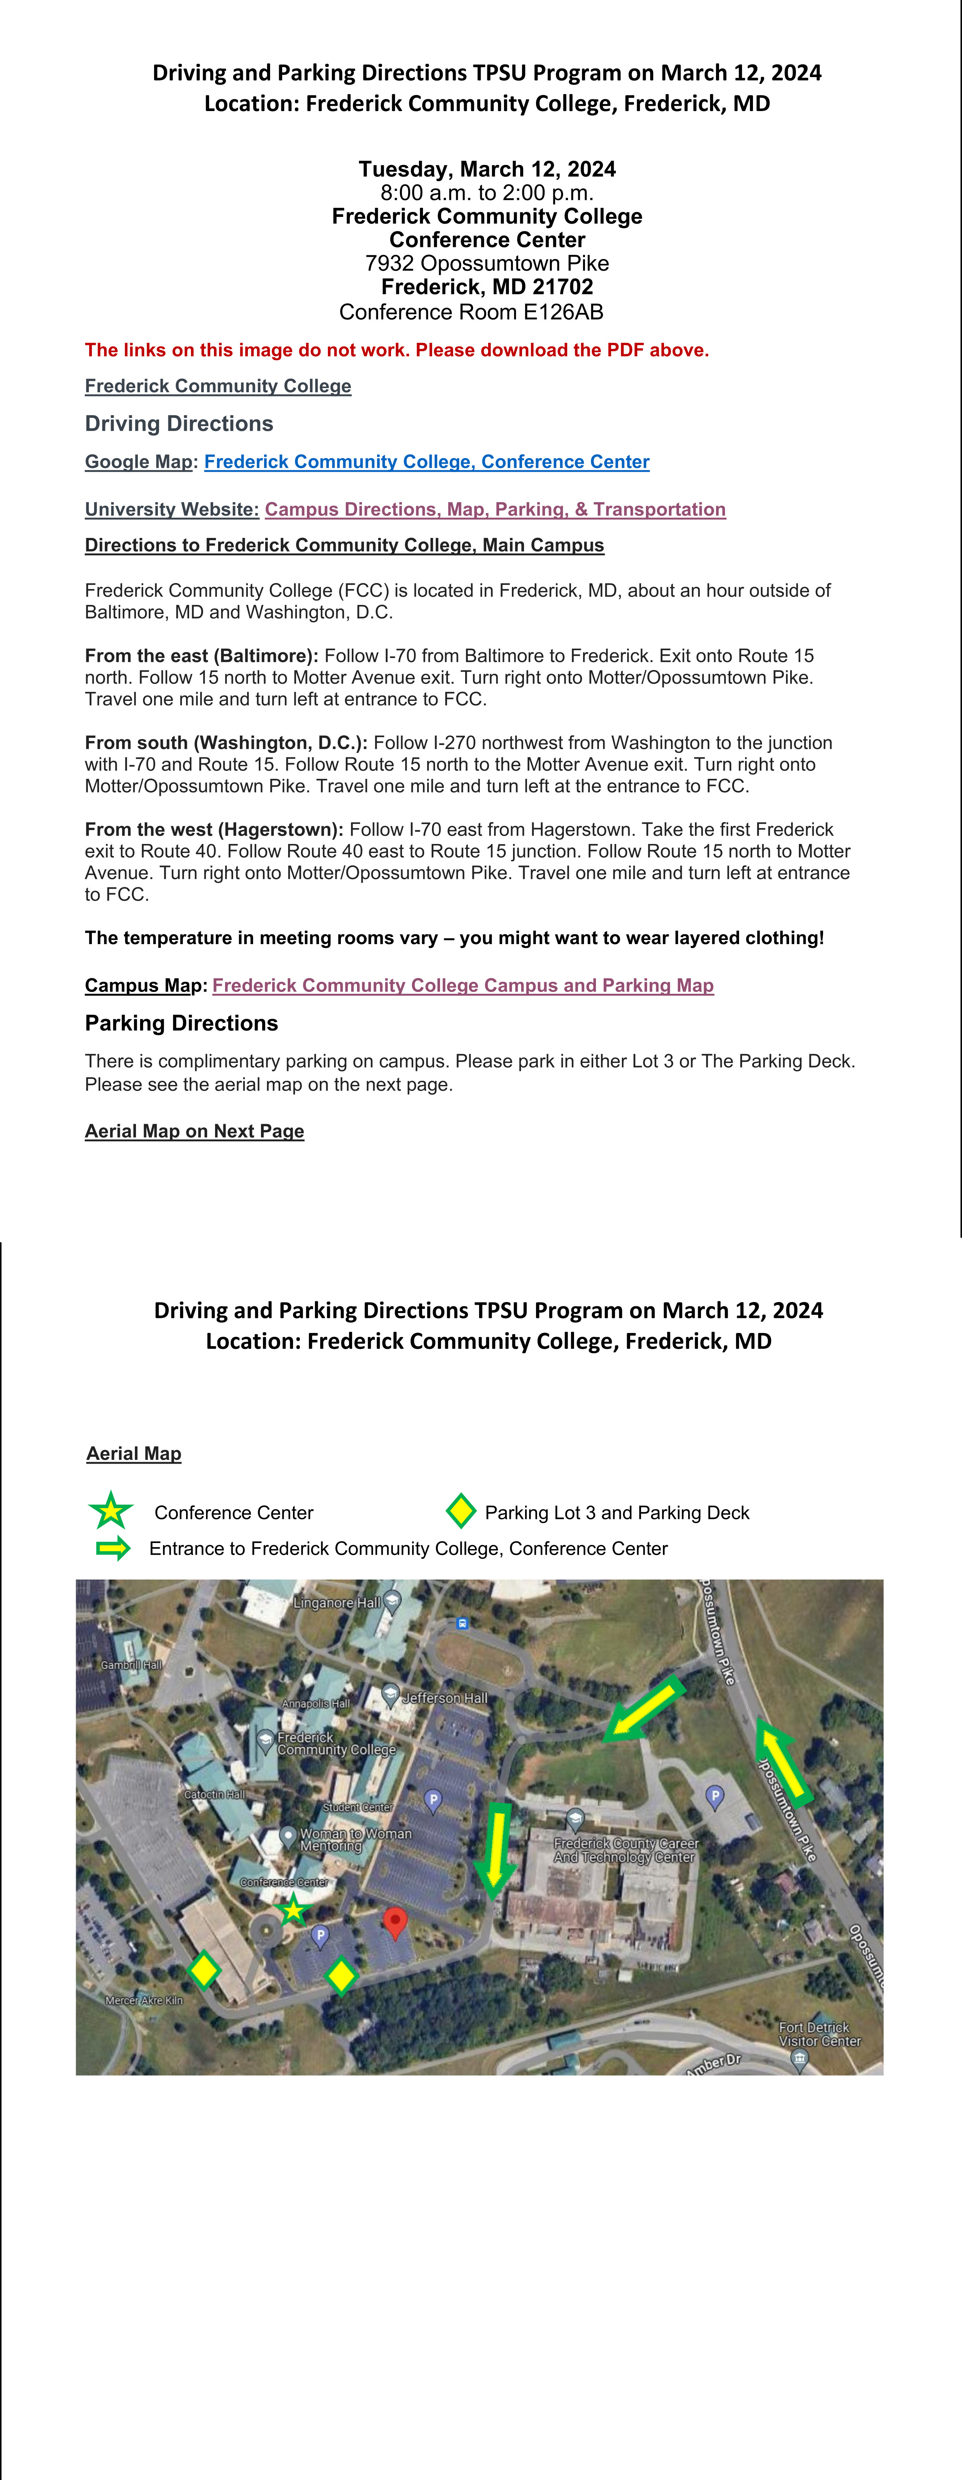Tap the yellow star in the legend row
(111, 1511)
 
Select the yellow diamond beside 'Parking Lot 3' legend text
(461, 1511)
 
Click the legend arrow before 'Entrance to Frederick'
(113, 1548)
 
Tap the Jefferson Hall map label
(444, 1698)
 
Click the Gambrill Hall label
(131, 1665)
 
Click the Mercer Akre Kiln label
(144, 2000)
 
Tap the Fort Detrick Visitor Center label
(818, 2033)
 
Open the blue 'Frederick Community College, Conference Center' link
(427, 462)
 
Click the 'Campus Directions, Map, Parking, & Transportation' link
(495, 509)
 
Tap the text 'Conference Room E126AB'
(471, 312)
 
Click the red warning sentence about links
(397, 350)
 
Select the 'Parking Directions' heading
(181, 1024)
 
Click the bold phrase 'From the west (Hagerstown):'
(214, 830)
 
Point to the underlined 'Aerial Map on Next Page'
(194, 1131)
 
